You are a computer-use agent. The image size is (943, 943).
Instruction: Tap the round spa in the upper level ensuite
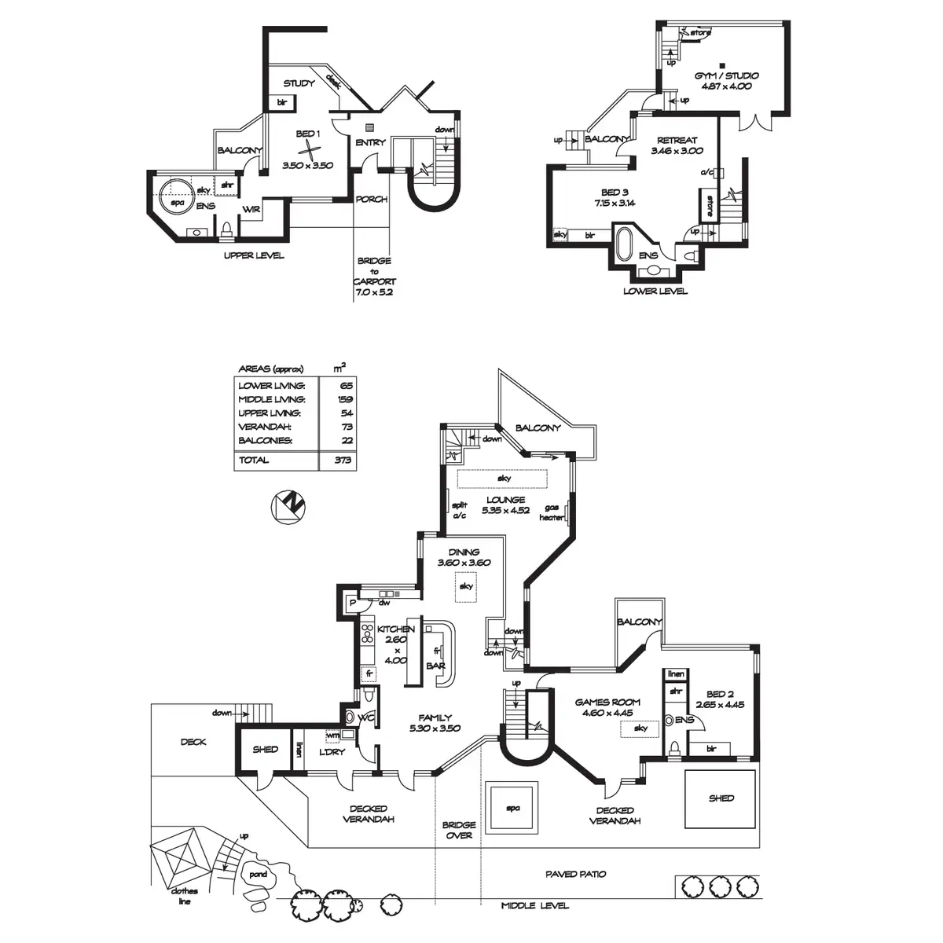pyautogui.click(x=175, y=195)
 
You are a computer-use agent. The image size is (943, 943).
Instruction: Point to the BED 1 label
pyautogui.click(x=308, y=134)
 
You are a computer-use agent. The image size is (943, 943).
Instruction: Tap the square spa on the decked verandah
pyautogui.click(x=512, y=807)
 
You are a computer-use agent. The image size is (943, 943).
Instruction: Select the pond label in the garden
pyautogui.click(x=258, y=875)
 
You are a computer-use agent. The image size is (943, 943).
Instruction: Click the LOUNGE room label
pyautogui.click(x=505, y=500)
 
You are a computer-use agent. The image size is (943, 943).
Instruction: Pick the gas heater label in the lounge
pyautogui.click(x=552, y=512)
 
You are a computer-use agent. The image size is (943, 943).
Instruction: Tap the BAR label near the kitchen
pyautogui.click(x=435, y=666)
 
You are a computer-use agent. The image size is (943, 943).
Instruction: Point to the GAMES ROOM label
pyautogui.click(x=607, y=702)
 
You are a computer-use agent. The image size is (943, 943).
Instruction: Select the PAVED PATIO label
pyautogui.click(x=576, y=874)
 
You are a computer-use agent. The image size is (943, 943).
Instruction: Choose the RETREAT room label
pyautogui.click(x=677, y=141)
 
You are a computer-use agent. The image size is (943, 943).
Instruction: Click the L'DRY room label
pyautogui.click(x=332, y=753)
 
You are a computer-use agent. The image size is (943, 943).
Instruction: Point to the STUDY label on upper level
pyautogui.click(x=299, y=83)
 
